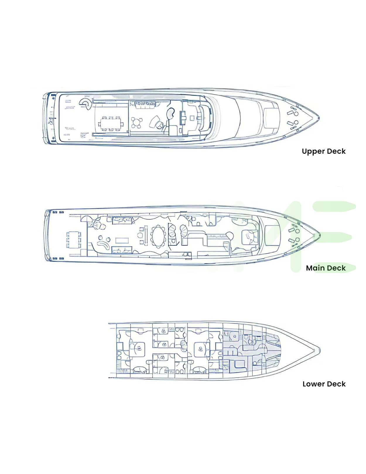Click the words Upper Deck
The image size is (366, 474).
[x=324, y=151]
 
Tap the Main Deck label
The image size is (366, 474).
[x=326, y=268]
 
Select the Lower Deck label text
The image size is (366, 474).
[x=324, y=384]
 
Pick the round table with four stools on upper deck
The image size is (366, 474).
[x=137, y=123]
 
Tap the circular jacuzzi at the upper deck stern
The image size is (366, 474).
[x=86, y=103]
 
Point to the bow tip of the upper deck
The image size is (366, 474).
[x=319, y=119]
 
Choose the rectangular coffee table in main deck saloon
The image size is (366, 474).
[x=122, y=240]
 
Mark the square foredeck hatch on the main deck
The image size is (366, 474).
[x=273, y=235]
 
